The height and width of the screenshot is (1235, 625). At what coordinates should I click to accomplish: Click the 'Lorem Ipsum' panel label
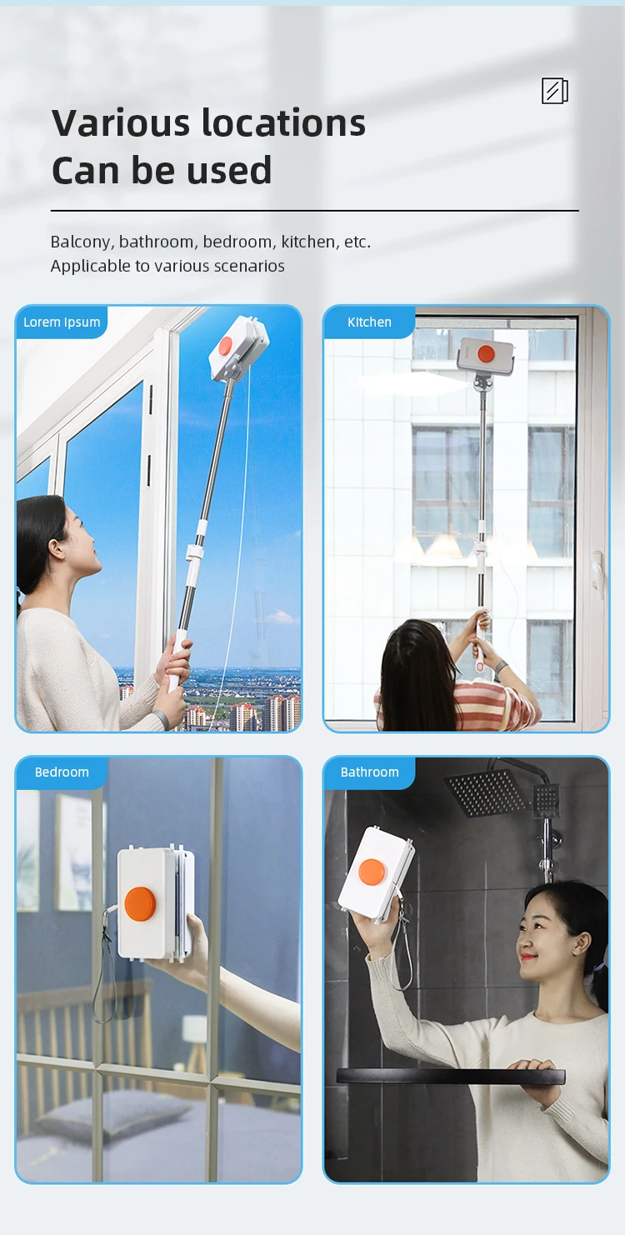click(x=62, y=322)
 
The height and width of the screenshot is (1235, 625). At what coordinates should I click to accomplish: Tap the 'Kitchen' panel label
click(x=369, y=322)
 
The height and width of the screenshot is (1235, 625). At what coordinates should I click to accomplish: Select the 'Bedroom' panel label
click(x=62, y=772)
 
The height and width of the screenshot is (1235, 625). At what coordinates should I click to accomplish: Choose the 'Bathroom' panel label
click(x=369, y=772)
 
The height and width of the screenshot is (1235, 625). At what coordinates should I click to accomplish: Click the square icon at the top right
click(x=555, y=91)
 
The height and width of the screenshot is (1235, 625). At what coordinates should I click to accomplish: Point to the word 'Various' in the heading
click(x=121, y=122)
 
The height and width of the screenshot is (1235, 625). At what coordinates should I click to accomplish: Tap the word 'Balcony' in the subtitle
click(x=82, y=242)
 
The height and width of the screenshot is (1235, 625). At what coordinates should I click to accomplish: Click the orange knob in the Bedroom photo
click(x=140, y=903)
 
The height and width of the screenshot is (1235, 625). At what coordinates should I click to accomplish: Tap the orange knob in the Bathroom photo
click(x=372, y=872)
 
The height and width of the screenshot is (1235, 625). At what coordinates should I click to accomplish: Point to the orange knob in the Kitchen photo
click(x=486, y=353)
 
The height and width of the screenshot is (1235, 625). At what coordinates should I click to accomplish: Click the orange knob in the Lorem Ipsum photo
click(x=226, y=346)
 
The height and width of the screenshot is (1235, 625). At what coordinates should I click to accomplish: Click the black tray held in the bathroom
click(x=451, y=1076)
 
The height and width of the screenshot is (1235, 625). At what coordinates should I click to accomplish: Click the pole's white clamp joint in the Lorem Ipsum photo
click(x=194, y=552)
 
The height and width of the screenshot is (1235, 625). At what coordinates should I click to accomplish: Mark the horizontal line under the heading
click(x=315, y=211)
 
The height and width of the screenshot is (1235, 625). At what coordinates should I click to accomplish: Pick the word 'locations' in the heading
click(x=284, y=122)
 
